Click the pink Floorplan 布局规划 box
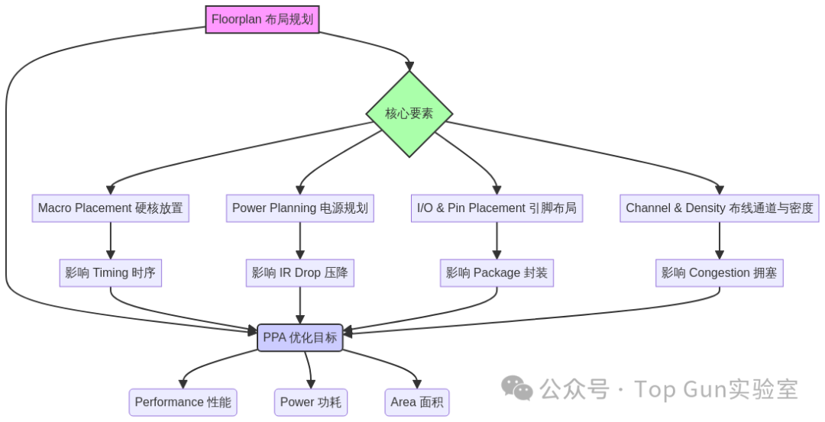click(262, 20)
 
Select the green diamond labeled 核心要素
click(409, 114)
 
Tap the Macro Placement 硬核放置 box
click(111, 208)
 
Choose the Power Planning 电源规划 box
click(299, 208)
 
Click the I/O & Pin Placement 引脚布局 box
click(497, 208)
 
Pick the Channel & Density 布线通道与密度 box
click(719, 208)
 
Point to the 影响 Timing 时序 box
click(111, 273)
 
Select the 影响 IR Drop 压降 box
click(299, 273)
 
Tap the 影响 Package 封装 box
click(497, 273)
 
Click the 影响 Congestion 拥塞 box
click(719, 273)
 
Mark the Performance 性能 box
click(183, 402)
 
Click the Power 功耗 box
click(310, 402)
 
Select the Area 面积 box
click(416, 402)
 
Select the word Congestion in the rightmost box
click(719, 273)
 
